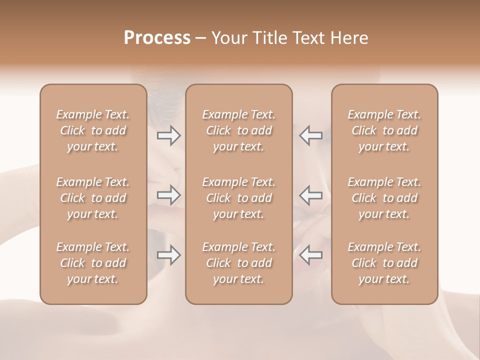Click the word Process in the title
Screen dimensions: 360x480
click(x=157, y=38)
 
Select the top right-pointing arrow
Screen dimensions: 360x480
click(x=168, y=135)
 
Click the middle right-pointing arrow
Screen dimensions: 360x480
click(x=168, y=195)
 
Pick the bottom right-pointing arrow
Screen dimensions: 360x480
click(x=168, y=255)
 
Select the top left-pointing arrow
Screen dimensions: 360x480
click(x=310, y=135)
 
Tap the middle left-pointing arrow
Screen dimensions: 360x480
click(x=310, y=195)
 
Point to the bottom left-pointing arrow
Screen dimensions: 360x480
click(x=310, y=255)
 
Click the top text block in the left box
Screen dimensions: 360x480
click(x=93, y=130)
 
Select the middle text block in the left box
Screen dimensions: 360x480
click(x=93, y=198)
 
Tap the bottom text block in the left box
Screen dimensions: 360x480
click(x=93, y=263)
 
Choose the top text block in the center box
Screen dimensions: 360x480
click(x=239, y=130)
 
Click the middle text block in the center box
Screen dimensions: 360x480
click(x=239, y=198)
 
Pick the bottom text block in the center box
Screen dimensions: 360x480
click(x=239, y=263)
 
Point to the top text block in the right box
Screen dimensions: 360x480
click(x=384, y=130)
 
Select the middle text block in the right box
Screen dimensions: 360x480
click(x=384, y=198)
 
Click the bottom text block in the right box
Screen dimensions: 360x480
click(x=384, y=263)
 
